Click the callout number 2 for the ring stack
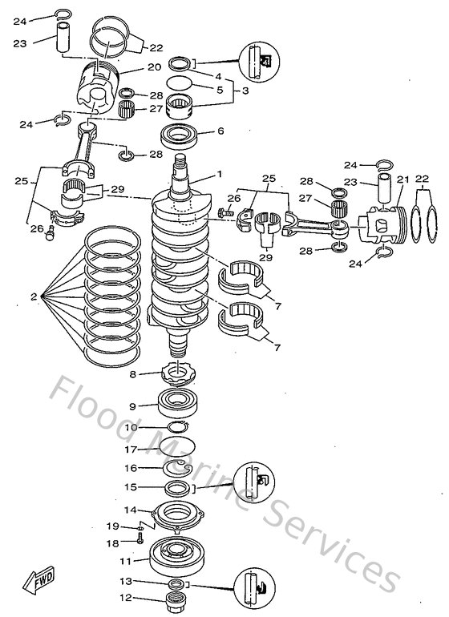point(34,296)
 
